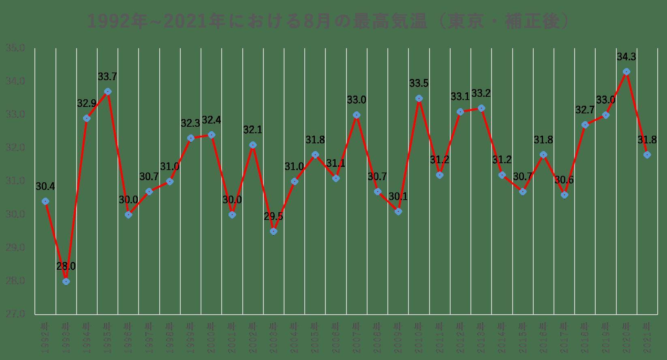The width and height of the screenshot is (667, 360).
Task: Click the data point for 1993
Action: tap(66, 281)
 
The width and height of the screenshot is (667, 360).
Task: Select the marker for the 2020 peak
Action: tap(626, 72)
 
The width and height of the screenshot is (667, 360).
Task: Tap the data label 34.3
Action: tap(626, 57)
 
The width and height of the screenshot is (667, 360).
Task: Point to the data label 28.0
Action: tap(66, 266)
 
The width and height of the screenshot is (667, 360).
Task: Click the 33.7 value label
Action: tap(107, 77)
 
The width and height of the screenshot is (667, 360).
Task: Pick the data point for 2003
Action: tap(274, 231)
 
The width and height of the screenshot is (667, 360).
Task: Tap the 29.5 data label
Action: tap(274, 216)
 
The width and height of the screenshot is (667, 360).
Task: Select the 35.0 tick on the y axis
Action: tap(15, 48)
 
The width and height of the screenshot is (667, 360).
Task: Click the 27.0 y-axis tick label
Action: tap(15, 314)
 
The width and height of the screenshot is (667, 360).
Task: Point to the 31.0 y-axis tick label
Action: tap(15, 181)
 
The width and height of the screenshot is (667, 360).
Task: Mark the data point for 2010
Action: tap(419, 98)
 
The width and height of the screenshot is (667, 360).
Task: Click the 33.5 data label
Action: tap(419, 83)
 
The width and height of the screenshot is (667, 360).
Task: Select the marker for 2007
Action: tap(357, 115)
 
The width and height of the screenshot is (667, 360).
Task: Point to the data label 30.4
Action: tap(45, 186)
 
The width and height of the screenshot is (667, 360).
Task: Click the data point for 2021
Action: tap(647, 155)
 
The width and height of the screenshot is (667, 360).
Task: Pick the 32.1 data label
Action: tap(253, 130)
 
